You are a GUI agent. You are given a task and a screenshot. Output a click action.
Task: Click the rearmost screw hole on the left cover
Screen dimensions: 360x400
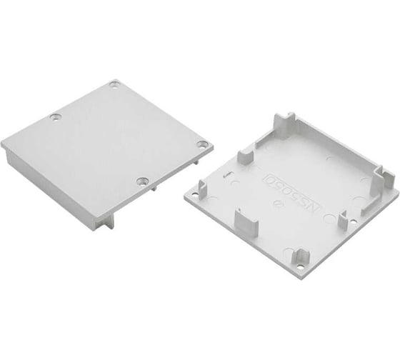pos(114,85)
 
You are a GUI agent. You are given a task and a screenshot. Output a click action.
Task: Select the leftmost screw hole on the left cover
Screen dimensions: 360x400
pos(56,116)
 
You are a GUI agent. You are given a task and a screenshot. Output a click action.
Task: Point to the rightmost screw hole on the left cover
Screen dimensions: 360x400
pos(202,144)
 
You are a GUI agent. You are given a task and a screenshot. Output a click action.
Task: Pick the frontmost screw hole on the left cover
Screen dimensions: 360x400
pos(143,181)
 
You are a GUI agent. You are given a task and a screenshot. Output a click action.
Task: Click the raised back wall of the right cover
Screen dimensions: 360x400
pos(336,146)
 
